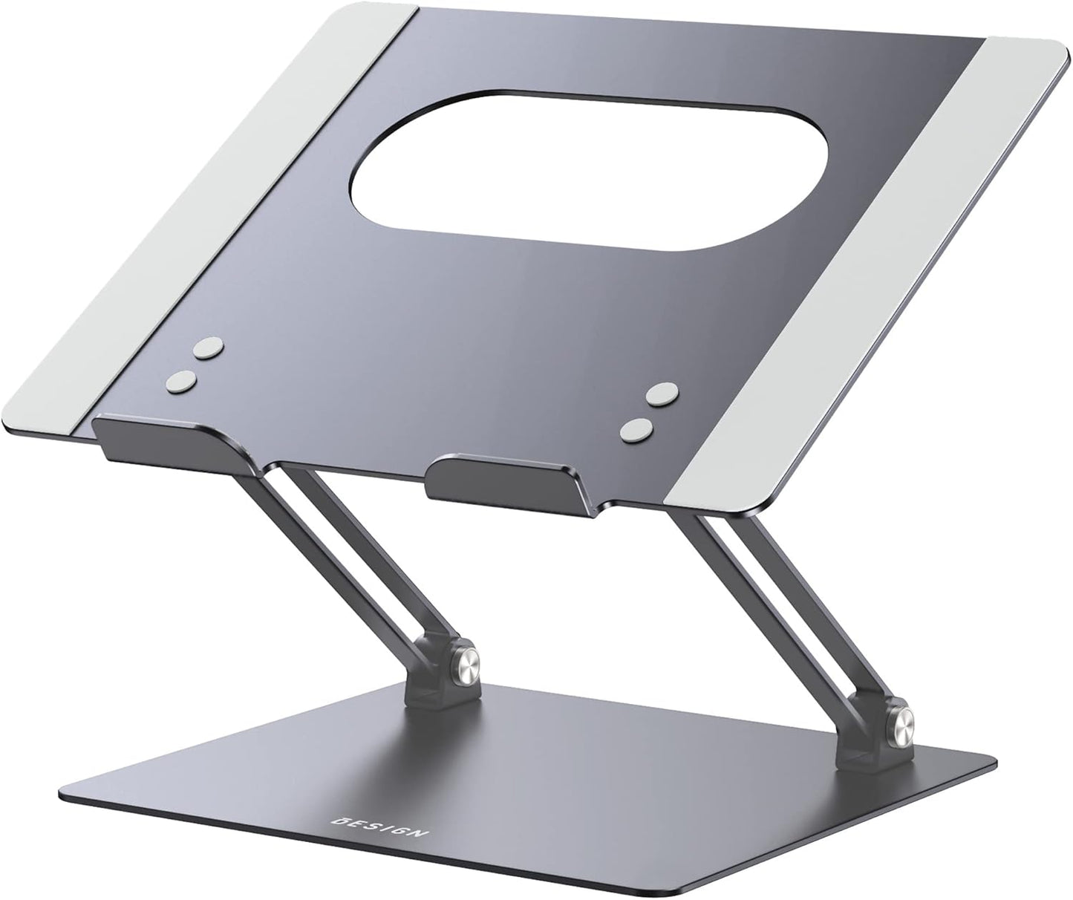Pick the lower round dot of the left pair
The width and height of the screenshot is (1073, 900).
tap(181, 381)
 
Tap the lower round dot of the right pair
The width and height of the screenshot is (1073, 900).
tap(638, 429)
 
